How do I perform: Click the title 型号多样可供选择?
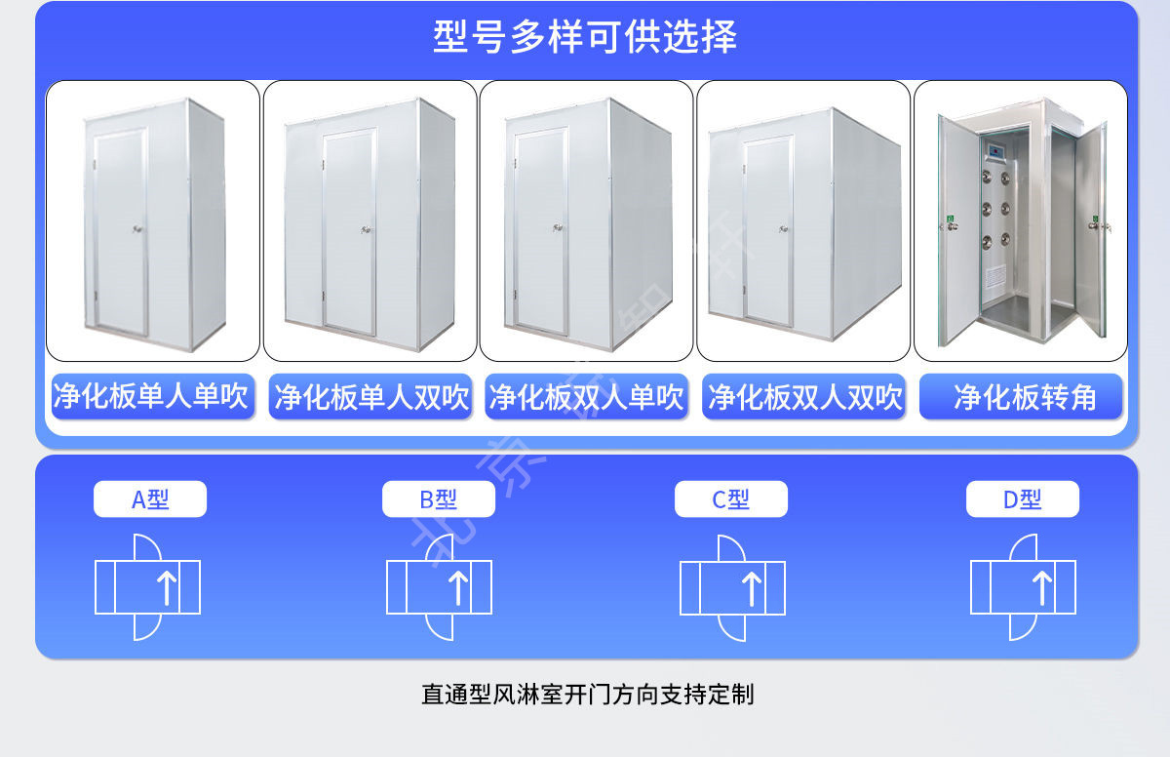585,36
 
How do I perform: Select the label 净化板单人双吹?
370,396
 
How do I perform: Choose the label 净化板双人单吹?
586,396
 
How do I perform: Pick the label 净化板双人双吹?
803,396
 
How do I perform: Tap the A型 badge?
150,499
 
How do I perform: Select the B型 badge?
439,499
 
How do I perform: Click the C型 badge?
731,499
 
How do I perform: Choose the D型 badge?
1023,499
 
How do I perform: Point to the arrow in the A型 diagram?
167,587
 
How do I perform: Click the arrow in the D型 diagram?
1042,587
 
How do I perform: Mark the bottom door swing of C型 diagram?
731,627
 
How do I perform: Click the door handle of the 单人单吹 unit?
137,229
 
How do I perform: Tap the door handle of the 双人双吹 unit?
784,229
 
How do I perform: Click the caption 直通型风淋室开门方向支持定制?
588,695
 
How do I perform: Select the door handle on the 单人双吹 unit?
367,229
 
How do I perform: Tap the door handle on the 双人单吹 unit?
559,227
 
